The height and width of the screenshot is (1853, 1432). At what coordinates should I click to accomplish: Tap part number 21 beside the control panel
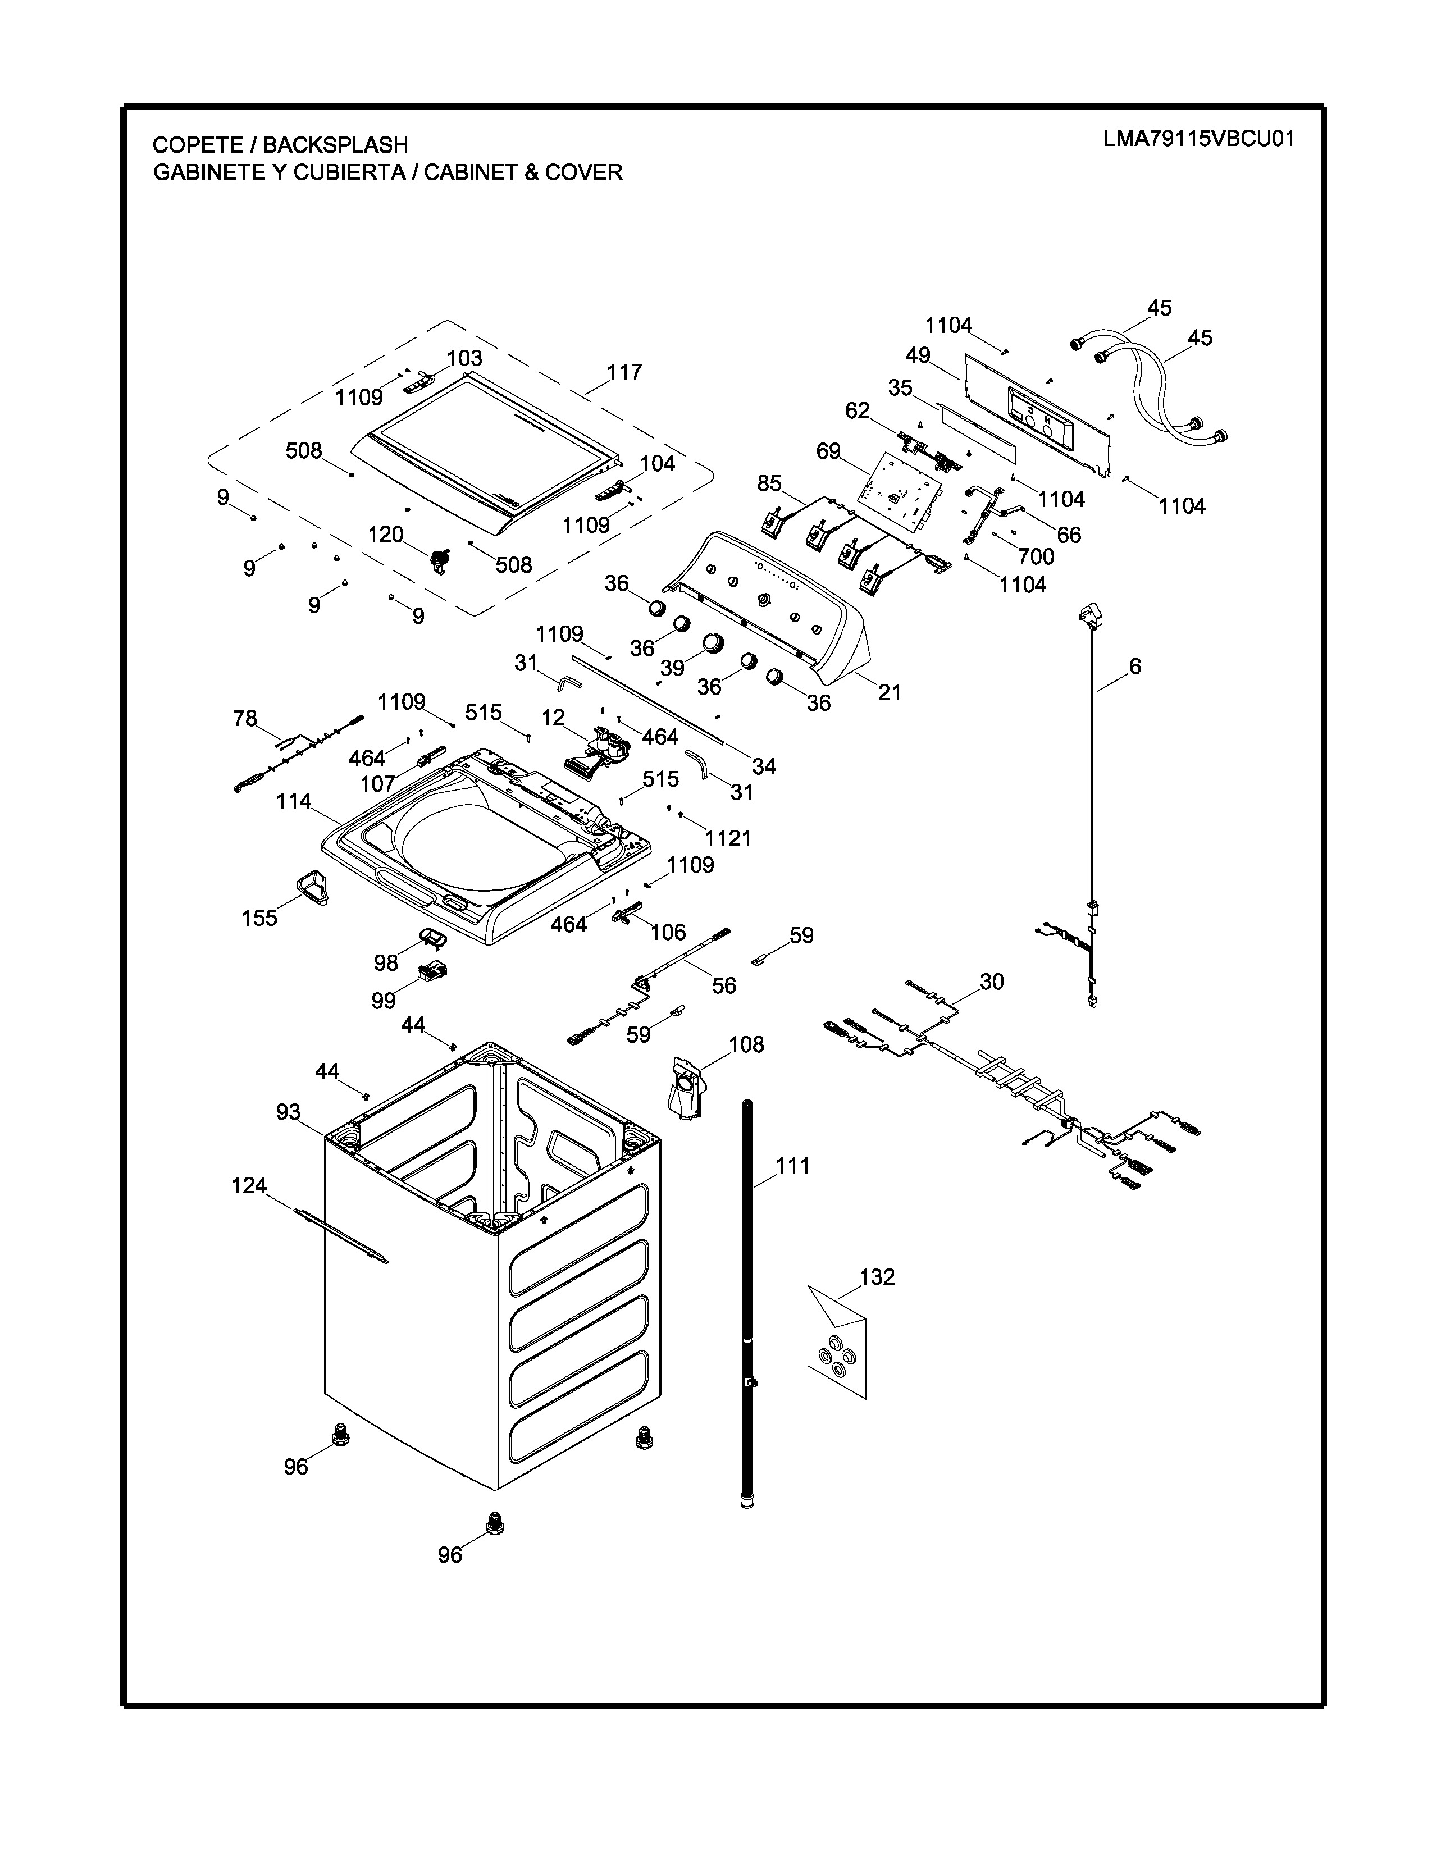(889, 692)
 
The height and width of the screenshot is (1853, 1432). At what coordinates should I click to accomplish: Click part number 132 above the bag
(877, 1277)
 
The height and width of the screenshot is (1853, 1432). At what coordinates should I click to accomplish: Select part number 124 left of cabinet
(249, 1185)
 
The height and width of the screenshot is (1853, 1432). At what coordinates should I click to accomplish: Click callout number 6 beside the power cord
(1134, 667)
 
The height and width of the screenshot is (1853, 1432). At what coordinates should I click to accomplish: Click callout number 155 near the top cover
(259, 918)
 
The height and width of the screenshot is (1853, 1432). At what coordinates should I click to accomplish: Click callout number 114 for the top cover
(294, 802)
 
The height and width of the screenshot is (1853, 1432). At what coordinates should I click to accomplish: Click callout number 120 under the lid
(385, 535)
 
